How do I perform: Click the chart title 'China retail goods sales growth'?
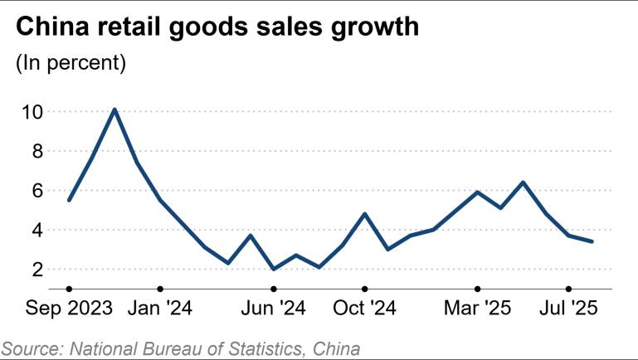coord(218,27)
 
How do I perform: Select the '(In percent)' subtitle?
coord(71,63)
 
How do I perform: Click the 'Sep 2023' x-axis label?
coord(69,309)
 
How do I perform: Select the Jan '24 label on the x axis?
coord(160,309)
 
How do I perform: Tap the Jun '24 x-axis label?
coord(273,309)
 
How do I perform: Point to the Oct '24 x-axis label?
coord(364,309)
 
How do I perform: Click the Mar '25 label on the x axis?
coord(477,309)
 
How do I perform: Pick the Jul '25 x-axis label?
coord(568,309)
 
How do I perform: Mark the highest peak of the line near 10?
coord(114,109)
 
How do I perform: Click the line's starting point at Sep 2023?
coord(69,200)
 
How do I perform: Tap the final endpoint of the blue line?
coord(591,241)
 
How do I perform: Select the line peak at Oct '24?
coord(364,214)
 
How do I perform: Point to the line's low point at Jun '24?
coord(273,269)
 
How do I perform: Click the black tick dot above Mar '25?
coord(477,289)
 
